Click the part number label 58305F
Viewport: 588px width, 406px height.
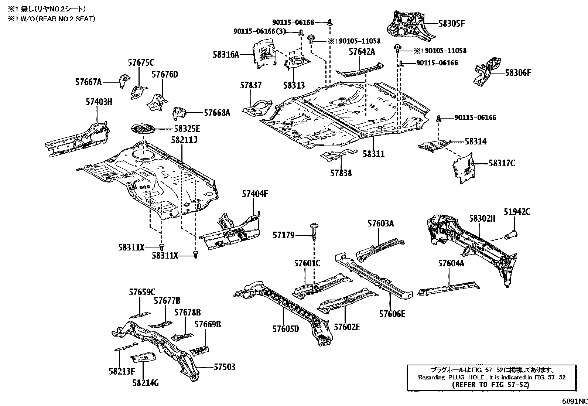pos(451,23)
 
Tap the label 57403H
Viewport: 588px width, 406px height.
pos(99,102)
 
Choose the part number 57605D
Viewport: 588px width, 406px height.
pos(286,328)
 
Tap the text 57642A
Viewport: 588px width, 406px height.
pos(362,52)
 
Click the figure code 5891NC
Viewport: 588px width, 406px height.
pos(575,401)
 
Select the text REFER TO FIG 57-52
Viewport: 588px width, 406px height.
pos(490,384)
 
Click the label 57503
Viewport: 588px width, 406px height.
pos(225,367)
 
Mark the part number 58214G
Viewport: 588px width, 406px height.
pos(145,383)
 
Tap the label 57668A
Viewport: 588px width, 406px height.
pos(217,113)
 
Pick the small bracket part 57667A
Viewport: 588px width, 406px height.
pos(123,81)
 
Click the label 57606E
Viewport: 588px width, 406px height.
pos(392,314)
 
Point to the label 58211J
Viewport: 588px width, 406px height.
pos(184,140)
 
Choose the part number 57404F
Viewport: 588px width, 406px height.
pos(255,193)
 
